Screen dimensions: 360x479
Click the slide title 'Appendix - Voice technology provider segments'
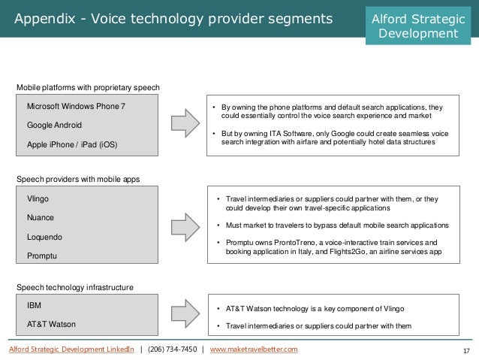(x=174, y=18)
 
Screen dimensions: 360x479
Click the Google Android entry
(x=54, y=124)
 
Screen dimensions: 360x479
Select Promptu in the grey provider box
(x=42, y=256)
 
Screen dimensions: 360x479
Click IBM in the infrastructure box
(x=34, y=307)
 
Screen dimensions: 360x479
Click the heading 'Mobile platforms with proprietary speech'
(x=89, y=88)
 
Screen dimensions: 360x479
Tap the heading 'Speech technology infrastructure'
(x=75, y=287)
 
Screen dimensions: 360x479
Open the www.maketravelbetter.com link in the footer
(x=254, y=349)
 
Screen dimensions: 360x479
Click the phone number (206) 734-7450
(x=171, y=349)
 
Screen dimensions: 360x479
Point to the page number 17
(x=467, y=350)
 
